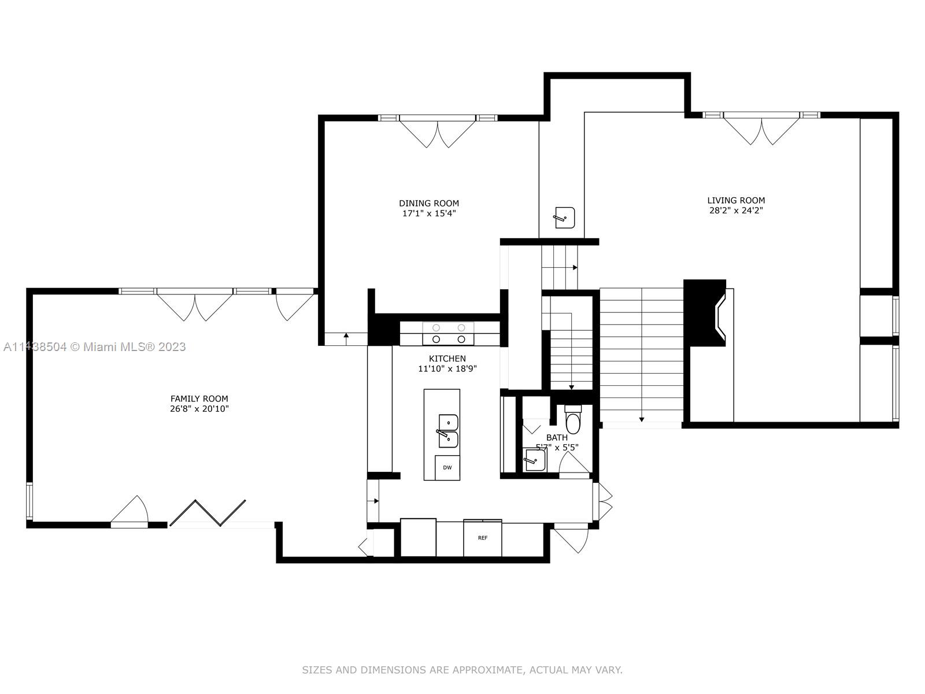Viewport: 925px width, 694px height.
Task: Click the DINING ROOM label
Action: (x=429, y=203)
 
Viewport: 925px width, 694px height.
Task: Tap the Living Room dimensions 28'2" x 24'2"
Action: (x=736, y=211)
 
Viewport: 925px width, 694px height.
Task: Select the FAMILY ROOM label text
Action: (x=199, y=398)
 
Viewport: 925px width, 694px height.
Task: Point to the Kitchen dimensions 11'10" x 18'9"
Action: (x=447, y=368)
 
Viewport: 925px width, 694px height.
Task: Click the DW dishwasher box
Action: (x=447, y=467)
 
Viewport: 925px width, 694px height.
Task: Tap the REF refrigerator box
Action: (x=482, y=538)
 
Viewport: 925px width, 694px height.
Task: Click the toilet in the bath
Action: (x=573, y=422)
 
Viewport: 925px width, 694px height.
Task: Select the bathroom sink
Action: (x=534, y=460)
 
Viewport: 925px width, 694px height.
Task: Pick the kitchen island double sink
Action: (x=448, y=431)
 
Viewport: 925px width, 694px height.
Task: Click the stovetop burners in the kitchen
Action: (x=449, y=334)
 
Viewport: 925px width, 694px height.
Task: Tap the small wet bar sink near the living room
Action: (x=564, y=217)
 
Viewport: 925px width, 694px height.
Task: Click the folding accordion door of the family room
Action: (x=208, y=512)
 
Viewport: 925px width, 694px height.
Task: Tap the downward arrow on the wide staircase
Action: (x=642, y=419)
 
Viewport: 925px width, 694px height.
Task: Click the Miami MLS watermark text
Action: (x=94, y=347)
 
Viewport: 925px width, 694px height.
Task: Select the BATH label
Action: (x=557, y=438)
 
